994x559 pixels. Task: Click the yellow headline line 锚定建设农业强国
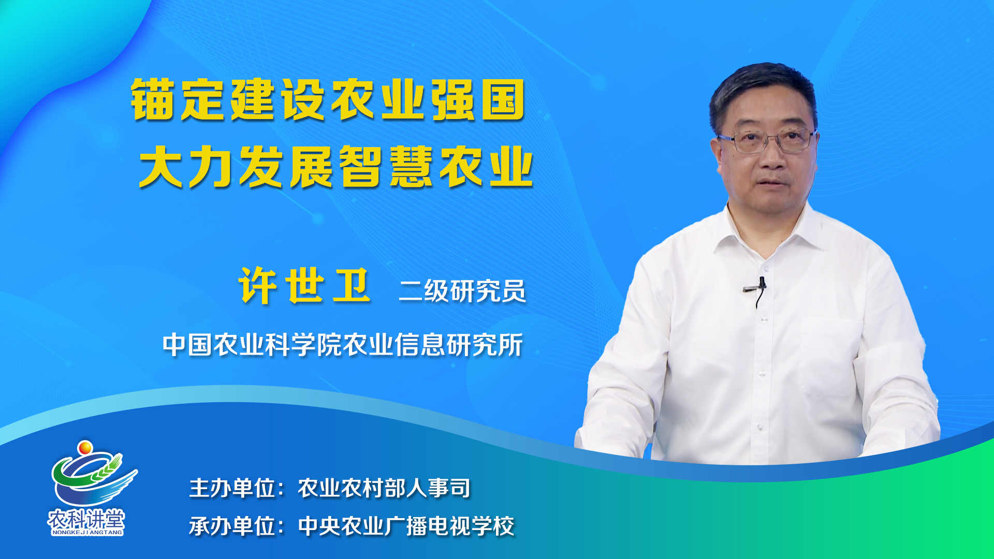(328, 99)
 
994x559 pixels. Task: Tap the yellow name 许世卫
(304, 285)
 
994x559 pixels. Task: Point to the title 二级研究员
(462, 290)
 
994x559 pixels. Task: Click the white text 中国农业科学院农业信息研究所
(343, 345)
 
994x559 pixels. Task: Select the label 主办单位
(232, 488)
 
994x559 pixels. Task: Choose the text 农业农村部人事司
(384, 488)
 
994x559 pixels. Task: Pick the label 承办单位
(232, 526)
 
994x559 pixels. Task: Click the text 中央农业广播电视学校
(406, 526)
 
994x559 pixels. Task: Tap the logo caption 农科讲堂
(86, 518)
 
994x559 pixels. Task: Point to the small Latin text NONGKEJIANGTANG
(87, 532)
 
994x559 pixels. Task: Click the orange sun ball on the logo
(85, 447)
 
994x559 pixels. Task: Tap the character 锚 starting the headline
(152, 99)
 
